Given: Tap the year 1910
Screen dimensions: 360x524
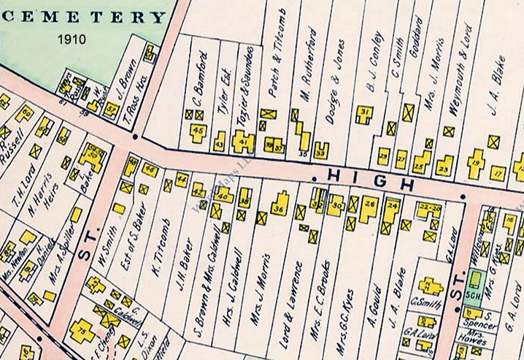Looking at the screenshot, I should pos(72,37).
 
